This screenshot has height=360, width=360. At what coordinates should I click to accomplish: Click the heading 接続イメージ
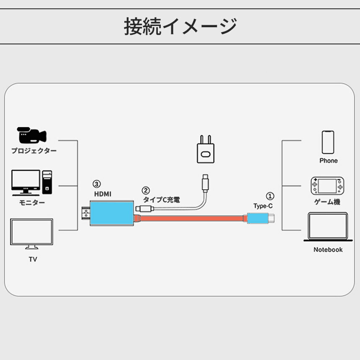(180, 26)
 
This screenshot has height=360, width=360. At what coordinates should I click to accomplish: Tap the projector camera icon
(31, 135)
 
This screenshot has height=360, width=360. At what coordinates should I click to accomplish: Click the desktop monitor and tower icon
(32, 183)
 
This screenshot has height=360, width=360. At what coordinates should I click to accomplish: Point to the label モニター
(32, 203)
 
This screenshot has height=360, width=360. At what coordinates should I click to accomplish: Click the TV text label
(33, 259)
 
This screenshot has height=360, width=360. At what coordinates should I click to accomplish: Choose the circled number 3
(97, 184)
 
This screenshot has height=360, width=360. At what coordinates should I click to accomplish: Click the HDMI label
(103, 194)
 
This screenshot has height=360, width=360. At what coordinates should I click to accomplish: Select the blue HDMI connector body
(112, 213)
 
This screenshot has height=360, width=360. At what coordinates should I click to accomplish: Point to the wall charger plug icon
(205, 149)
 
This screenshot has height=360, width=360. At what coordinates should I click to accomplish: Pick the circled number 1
(270, 195)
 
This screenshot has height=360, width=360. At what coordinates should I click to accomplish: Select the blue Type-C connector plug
(257, 218)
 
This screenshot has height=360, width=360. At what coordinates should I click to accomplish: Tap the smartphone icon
(328, 142)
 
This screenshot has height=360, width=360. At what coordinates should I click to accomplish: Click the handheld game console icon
(327, 186)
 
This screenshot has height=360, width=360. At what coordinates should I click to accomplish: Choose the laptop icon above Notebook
(328, 226)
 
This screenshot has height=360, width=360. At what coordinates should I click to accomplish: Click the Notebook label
(328, 249)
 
